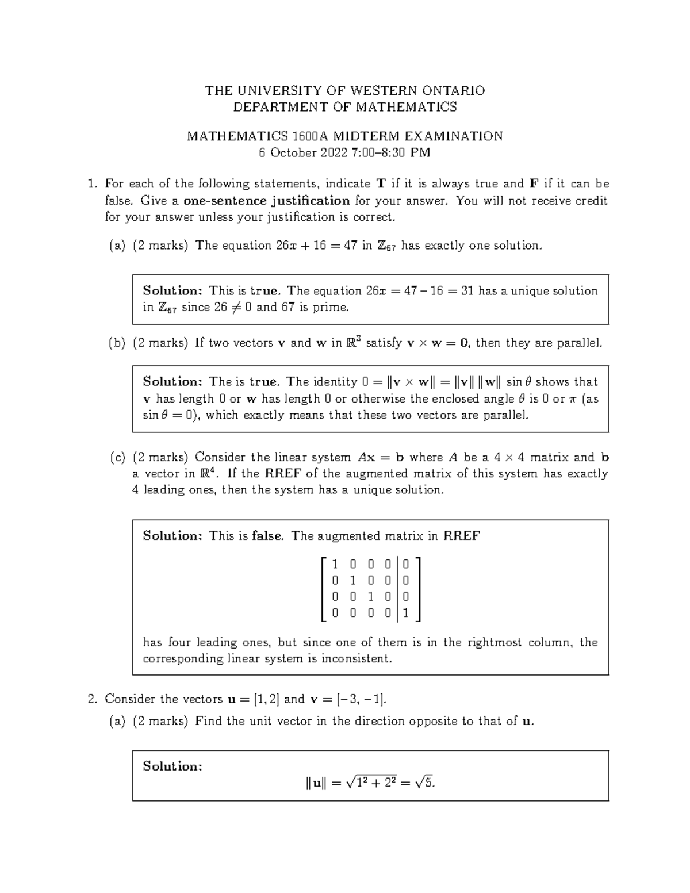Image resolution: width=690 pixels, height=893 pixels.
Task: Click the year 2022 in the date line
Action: coord(331,153)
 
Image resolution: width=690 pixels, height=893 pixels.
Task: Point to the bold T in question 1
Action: coord(381,184)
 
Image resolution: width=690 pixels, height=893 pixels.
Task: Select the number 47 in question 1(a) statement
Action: coord(350,246)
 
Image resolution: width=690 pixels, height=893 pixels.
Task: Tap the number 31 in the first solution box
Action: coord(467,291)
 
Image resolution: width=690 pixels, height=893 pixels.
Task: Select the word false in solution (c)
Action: coord(267,536)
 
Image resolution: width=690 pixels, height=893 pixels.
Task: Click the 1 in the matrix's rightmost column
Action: coord(406,614)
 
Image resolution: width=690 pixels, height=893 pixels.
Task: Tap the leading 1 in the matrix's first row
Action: coord(335,565)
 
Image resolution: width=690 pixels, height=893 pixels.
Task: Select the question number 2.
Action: coord(91,699)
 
